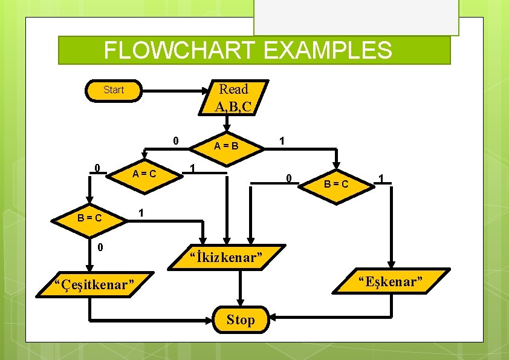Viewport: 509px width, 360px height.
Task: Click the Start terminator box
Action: click(x=113, y=90)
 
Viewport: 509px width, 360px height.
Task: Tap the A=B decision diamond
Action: click(x=227, y=146)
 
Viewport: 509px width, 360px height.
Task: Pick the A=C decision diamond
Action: click(x=144, y=174)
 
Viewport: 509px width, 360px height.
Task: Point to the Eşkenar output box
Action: click(x=391, y=281)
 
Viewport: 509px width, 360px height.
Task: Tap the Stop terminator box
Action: click(x=241, y=319)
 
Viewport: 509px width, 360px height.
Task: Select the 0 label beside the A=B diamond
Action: click(x=175, y=140)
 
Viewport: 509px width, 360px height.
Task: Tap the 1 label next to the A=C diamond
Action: click(x=192, y=168)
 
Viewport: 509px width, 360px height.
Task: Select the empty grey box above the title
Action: click(x=356, y=17)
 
